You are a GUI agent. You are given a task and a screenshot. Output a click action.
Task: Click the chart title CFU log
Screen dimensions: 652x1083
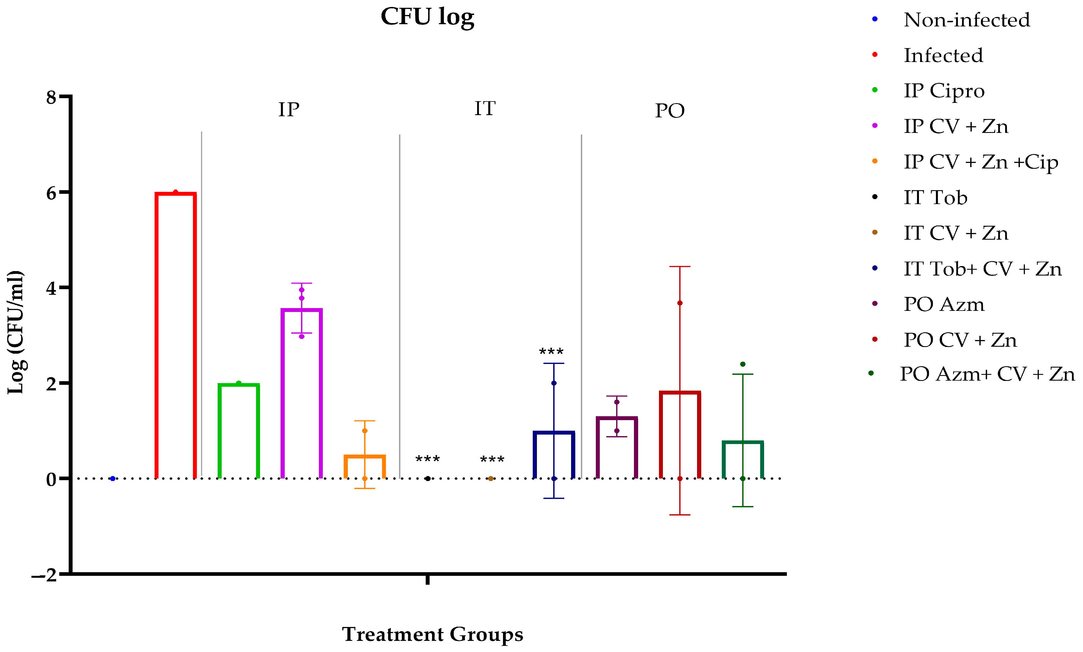click(x=427, y=18)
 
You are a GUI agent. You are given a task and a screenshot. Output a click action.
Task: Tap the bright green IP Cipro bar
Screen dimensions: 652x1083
click(x=239, y=431)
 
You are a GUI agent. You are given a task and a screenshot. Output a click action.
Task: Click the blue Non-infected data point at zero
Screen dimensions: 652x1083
click(x=113, y=479)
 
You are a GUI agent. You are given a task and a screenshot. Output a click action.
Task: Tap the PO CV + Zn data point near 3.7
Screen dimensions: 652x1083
click(x=680, y=303)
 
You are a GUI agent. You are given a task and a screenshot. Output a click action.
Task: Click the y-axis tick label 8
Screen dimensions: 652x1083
click(x=51, y=97)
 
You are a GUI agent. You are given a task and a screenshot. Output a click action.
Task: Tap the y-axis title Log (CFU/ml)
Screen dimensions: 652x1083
click(x=16, y=332)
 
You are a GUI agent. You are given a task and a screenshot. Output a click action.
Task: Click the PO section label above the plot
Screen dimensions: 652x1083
click(x=670, y=111)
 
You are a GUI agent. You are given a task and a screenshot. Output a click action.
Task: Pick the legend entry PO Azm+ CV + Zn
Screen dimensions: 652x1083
click(x=987, y=374)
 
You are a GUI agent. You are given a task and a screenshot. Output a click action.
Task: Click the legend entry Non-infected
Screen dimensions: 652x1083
click(x=966, y=20)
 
